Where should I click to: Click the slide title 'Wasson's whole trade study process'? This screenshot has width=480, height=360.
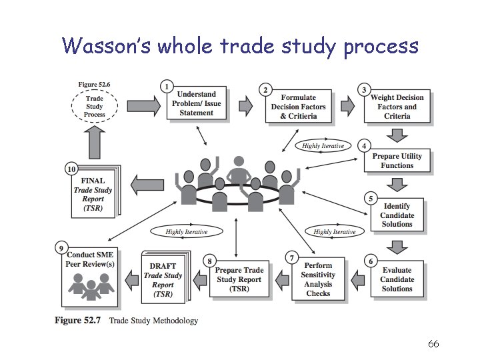tap(240, 46)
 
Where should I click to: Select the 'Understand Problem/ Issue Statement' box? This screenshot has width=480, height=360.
tap(196, 104)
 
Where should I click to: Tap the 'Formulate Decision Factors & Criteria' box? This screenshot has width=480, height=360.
tap(298, 107)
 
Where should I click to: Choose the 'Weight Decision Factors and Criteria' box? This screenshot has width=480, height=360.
tap(397, 107)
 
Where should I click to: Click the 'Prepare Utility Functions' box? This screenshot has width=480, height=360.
tap(397, 161)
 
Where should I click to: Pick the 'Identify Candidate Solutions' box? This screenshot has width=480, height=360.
tap(397, 215)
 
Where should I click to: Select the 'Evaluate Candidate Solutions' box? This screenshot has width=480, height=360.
tap(397, 279)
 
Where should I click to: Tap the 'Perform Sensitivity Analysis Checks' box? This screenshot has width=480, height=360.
tap(318, 279)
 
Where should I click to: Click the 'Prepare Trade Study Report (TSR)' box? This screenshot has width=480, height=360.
tap(239, 279)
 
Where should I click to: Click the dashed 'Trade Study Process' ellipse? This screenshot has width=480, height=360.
tap(94, 105)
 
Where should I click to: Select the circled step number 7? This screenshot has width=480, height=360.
tap(291, 257)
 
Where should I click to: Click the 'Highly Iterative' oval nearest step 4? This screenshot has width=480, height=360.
tap(323, 146)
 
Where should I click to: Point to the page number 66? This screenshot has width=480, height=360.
tap(433, 344)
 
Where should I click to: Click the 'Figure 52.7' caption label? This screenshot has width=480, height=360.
tap(77, 321)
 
